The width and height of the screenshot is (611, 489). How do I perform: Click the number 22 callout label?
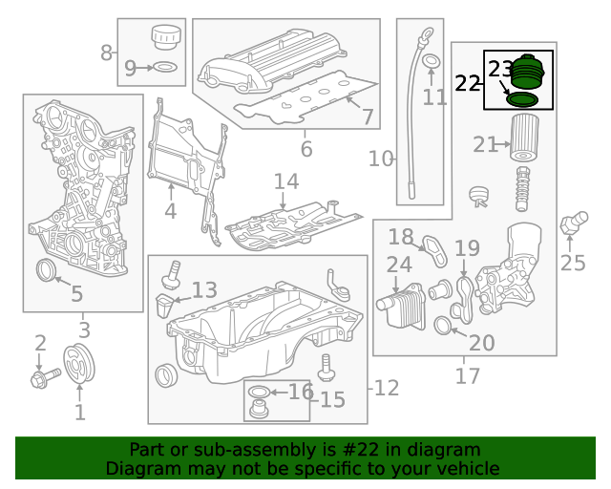click(468, 83)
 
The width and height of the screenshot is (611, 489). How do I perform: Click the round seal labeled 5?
click(46, 270)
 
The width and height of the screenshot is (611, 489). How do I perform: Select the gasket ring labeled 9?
click(164, 68)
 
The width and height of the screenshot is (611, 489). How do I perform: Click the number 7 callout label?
click(367, 117)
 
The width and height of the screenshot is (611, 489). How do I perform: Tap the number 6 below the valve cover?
click(305, 150)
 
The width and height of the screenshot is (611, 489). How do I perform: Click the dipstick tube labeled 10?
click(414, 115)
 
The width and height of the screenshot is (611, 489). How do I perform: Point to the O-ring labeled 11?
click(432, 64)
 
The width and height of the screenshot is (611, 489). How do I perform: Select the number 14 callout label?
click(285, 181)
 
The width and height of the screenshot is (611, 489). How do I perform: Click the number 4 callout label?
click(170, 212)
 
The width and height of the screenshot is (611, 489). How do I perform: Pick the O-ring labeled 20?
click(444, 327)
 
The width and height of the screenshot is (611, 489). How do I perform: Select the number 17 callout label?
click(467, 376)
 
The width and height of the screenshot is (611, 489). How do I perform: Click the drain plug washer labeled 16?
click(258, 393)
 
